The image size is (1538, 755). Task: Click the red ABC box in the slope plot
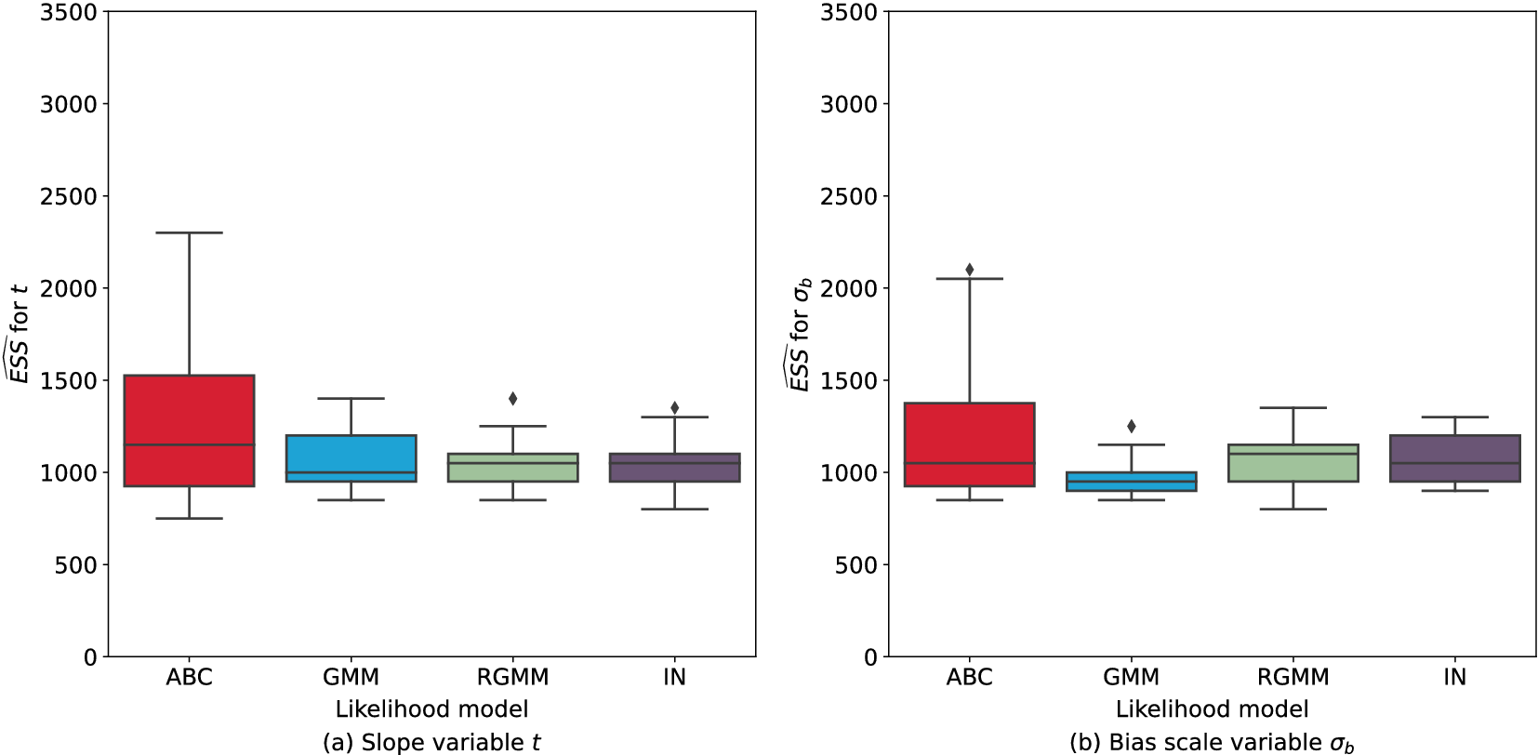click(x=189, y=430)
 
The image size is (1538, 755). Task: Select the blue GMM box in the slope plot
click(x=351, y=457)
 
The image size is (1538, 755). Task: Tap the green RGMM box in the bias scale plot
click(x=1293, y=463)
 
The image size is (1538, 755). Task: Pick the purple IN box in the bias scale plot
click(x=1454, y=457)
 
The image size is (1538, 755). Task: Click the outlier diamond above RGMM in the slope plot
click(x=512, y=399)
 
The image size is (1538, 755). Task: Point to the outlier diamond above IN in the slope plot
click(x=674, y=407)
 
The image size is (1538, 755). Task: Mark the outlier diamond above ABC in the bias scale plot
click(x=969, y=270)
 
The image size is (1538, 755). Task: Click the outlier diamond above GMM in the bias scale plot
click(x=1131, y=426)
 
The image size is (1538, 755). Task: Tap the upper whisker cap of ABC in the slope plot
click(x=189, y=232)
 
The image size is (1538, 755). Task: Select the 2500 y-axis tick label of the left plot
click(x=68, y=196)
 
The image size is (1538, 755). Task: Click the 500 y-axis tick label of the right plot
click(x=855, y=565)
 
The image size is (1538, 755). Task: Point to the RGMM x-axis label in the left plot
click(x=512, y=677)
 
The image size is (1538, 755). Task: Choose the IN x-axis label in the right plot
click(x=1454, y=677)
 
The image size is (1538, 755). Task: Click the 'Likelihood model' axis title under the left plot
click(x=431, y=709)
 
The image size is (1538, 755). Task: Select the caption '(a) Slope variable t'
click(x=431, y=742)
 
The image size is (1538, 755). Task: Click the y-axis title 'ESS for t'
click(x=19, y=334)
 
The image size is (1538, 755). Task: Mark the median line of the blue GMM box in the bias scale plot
click(x=1131, y=482)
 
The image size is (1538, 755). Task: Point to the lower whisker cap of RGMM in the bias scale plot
click(x=1293, y=510)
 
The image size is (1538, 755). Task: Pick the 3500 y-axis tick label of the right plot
click(x=848, y=12)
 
